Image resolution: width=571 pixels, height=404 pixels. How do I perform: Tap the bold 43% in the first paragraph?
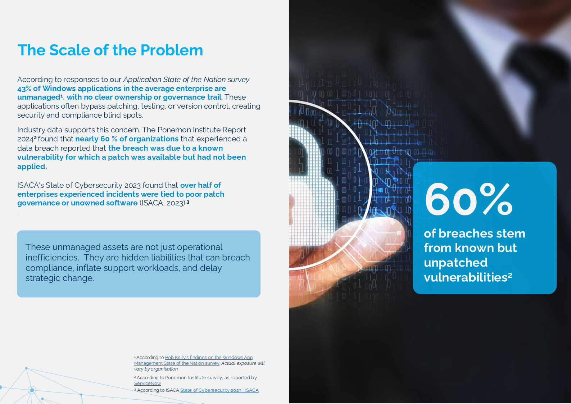coord(24,88)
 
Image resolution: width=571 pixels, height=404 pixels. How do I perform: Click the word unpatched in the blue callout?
coord(456,263)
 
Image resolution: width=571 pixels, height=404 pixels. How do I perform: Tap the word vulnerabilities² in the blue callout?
coord(468,277)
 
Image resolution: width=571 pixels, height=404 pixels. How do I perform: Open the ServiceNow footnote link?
coord(148,383)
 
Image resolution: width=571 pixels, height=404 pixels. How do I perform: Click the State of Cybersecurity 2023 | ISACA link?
coord(219,390)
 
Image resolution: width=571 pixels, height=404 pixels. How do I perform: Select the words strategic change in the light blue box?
coord(60,278)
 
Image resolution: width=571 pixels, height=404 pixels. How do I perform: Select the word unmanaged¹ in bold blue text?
coord(40,97)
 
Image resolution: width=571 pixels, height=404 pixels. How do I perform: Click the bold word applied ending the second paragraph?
coord(31,167)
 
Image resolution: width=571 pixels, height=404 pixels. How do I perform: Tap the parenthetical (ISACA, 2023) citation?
coord(162,203)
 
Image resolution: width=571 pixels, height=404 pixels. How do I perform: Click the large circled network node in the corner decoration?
coord(32,390)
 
